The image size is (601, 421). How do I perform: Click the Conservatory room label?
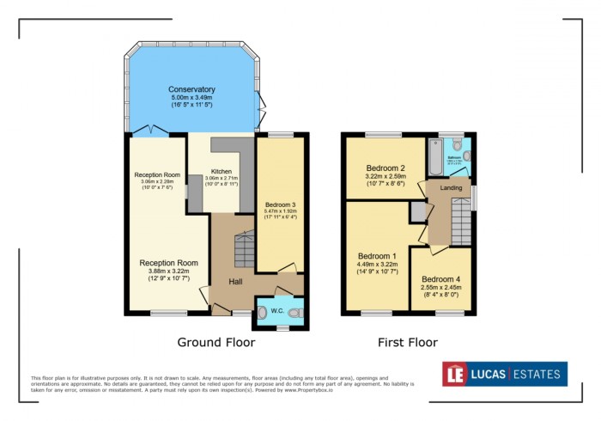tap(191, 89)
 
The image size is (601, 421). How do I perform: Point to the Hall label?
tap(240, 281)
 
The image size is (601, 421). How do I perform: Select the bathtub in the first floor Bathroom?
tap(433, 159)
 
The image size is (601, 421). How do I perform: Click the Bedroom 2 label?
tap(385, 168)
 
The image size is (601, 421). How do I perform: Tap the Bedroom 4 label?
tap(441, 278)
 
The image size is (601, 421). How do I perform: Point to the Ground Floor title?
tap(216, 342)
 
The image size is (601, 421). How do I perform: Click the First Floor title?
tap(407, 342)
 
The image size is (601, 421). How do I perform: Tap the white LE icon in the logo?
tap(455, 374)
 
